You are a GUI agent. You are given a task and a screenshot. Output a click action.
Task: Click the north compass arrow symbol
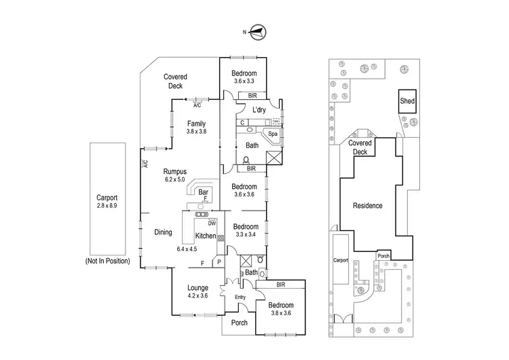point(259,30)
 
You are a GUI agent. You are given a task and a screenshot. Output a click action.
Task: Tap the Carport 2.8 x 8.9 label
point(107,200)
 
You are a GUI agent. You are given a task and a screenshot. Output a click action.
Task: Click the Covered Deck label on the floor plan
point(175,82)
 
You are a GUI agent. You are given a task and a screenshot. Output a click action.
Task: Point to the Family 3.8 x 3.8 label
point(197,127)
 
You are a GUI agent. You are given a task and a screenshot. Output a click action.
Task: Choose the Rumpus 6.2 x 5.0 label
point(176,175)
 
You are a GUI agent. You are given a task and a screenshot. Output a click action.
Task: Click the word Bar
point(202,193)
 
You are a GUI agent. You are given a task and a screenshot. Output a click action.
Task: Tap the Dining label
point(163,232)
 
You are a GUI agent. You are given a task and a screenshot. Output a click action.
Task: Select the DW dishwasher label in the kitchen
point(212,223)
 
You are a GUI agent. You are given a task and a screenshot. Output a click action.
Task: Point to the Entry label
point(240,297)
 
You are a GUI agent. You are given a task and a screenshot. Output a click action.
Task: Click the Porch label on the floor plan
point(240,323)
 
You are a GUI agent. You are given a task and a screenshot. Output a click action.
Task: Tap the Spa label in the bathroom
point(273,134)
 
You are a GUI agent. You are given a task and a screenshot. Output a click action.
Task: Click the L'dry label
point(259,109)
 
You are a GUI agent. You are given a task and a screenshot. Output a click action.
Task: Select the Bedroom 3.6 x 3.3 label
point(244,77)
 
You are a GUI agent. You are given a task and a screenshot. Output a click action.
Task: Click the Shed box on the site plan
point(407,101)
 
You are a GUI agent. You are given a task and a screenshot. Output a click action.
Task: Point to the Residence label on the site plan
point(366,205)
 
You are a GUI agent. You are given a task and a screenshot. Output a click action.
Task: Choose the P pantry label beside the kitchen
point(219,262)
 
